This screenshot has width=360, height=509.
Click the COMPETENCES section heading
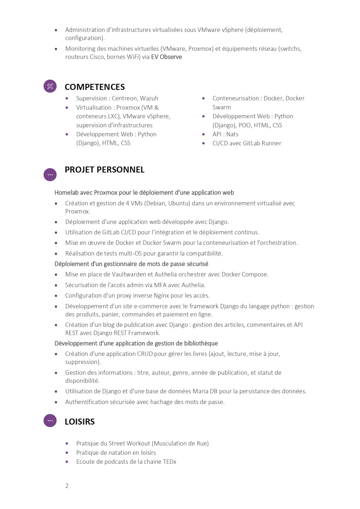point(95,87)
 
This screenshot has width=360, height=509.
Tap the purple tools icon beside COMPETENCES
point(50,86)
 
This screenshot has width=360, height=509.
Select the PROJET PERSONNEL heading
point(104,170)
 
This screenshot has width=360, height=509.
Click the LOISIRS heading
point(79,422)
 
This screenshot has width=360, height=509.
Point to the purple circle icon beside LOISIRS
point(50,421)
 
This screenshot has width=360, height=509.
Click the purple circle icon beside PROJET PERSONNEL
point(50,175)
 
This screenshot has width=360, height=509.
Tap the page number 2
point(67,486)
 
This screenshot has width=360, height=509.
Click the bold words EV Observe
point(167,57)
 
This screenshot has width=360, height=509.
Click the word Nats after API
point(232,134)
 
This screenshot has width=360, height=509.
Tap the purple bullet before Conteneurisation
point(204,98)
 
